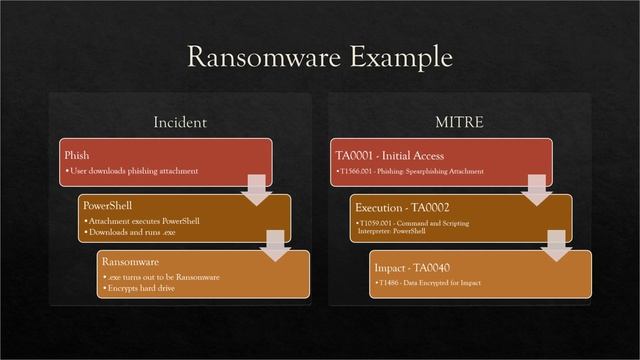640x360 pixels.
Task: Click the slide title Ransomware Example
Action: coord(320,57)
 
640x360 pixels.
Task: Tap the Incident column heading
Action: coord(180,122)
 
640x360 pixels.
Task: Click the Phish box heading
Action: coord(76,156)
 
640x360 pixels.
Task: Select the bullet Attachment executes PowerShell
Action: coord(144,221)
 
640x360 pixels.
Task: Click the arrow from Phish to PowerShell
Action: coord(256,186)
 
